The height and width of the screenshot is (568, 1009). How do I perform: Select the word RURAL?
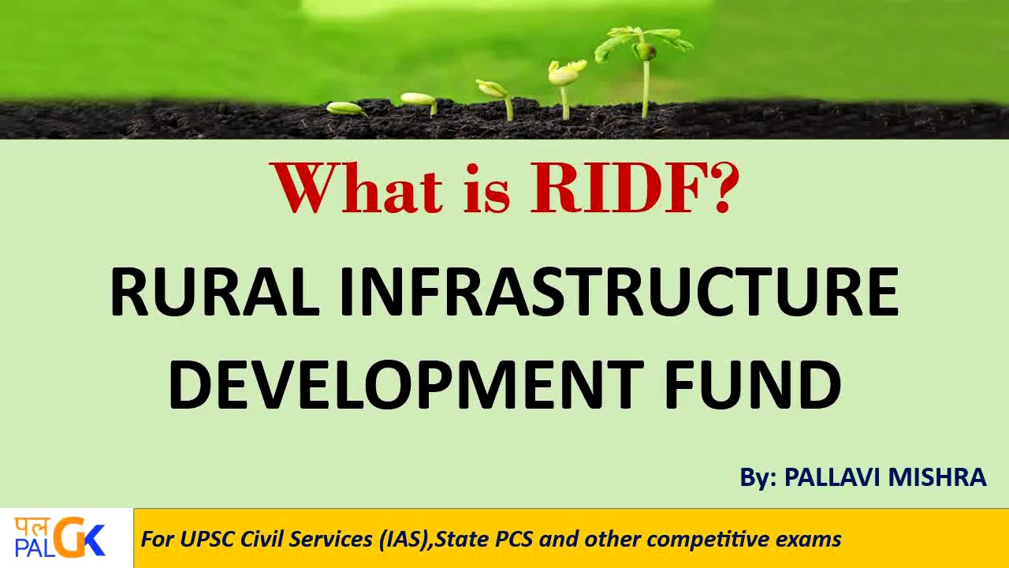(x=214, y=292)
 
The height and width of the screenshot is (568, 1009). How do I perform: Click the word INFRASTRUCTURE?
(x=619, y=292)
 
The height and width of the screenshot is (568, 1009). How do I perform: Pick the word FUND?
(x=753, y=384)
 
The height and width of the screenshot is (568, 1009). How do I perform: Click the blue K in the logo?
(x=94, y=541)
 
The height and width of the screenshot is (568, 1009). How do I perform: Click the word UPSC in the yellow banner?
(x=208, y=540)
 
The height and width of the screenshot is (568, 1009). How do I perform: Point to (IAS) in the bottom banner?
(x=404, y=540)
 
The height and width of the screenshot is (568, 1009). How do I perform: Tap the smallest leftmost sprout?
(x=344, y=108)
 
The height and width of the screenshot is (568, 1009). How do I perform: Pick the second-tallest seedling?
(x=566, y=83)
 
